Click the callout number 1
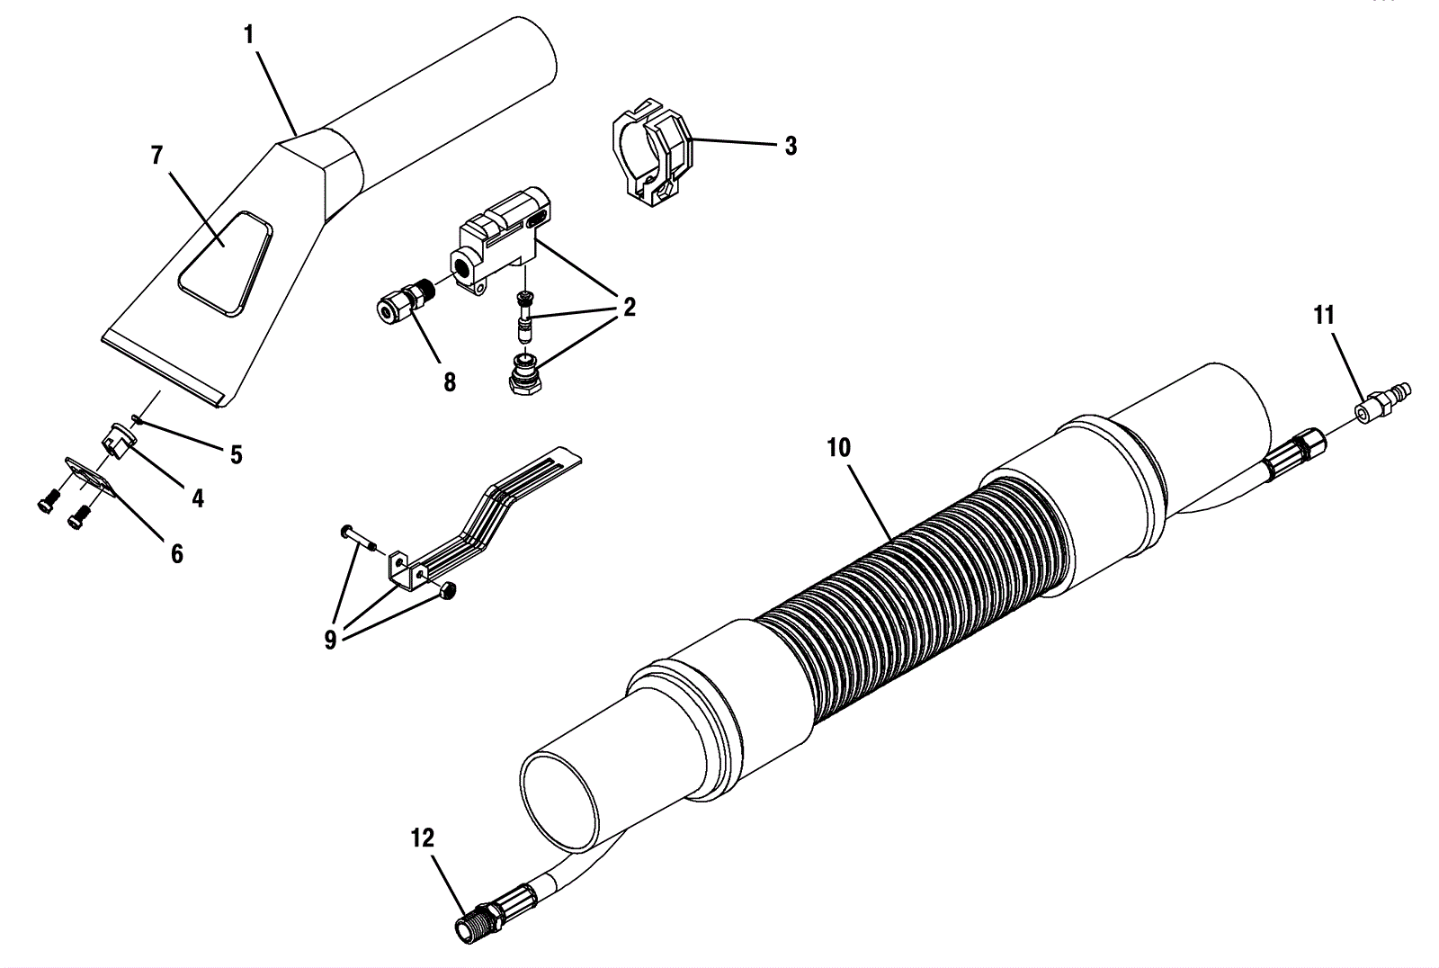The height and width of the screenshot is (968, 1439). pyautogui.click(x=249, y=36)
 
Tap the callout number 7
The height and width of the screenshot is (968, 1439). pyautogui.click(x=156, y=156)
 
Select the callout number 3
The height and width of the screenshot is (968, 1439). pyautogui.click(x=790, y=147)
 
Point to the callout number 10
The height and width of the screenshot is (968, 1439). pyautogui.click(x=838, y=448)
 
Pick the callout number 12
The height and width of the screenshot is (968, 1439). pyautogui.click(x=422, y=839)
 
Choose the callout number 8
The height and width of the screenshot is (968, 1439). pyautogui.click(x=449, y=382)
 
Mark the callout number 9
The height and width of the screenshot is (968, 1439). pyautogui.click(x=330, y=641)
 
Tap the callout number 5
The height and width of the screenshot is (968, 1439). pyautogui.click(x=236, y=454)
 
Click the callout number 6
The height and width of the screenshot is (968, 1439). pyautogui.click(x=176, y=553)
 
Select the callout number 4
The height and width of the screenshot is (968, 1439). pyautogui.click(x=197, y=497)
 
